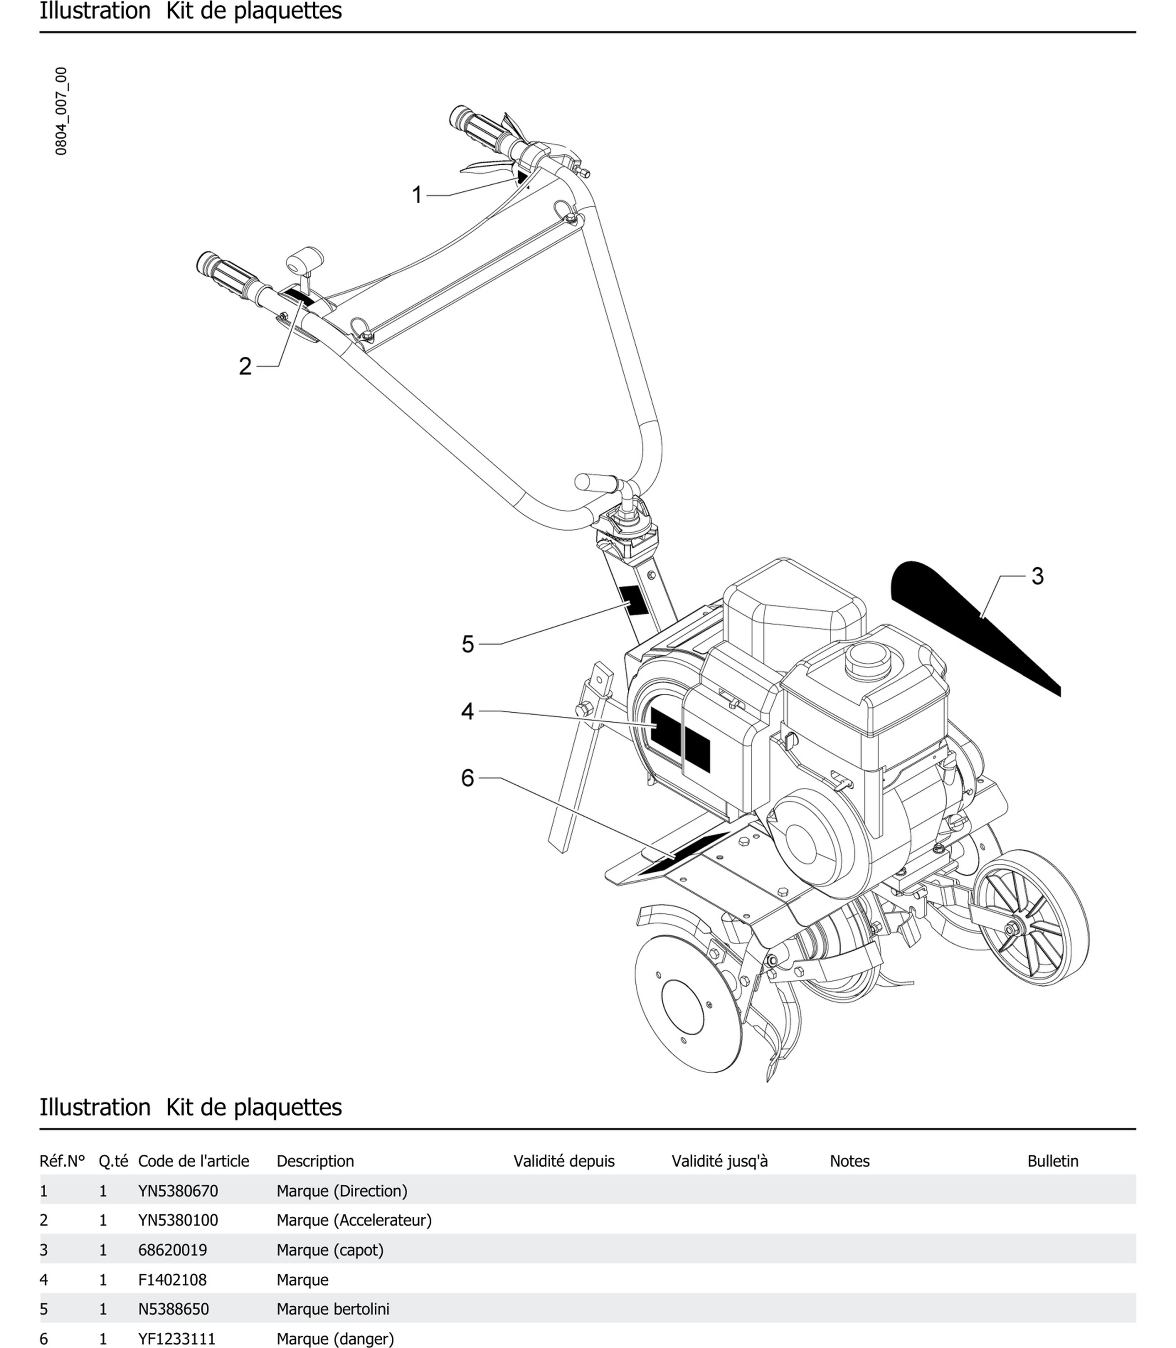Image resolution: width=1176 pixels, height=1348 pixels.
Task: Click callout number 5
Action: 467,644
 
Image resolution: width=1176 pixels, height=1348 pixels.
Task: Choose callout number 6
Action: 467,778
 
